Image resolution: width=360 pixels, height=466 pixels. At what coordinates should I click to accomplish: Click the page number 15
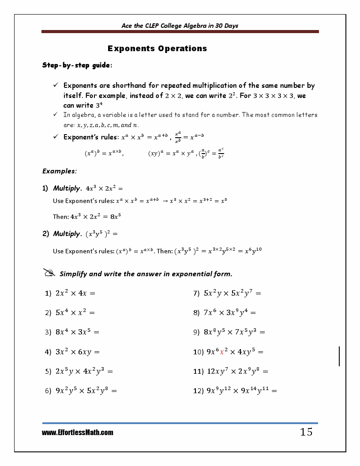pos(306,432)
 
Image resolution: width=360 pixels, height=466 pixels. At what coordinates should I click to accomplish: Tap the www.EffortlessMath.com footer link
pos(78,433)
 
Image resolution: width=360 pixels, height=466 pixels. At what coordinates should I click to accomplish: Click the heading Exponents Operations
pos(157,49)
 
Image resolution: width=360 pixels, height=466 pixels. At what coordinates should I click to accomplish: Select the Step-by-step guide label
pos(77,65)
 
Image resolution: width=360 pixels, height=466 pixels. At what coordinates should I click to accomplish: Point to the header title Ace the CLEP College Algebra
pos(180,26)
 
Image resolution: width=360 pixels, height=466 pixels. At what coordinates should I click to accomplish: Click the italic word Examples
pos(60,171)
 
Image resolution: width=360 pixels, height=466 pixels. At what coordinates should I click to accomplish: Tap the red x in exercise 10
pos(222,352)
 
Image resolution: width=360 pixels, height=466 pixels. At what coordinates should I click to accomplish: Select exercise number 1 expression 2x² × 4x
pos(75,293)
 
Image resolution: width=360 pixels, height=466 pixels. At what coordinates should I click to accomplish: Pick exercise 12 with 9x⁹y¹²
pos(241,391)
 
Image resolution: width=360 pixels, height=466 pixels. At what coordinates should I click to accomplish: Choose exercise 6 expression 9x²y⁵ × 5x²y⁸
pos(86,391)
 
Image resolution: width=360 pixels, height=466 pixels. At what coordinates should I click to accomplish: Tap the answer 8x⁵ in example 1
pos(115,217)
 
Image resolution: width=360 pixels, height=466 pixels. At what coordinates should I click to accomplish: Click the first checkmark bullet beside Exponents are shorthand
pos(56,85)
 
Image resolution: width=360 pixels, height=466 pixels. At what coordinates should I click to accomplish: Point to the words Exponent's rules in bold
pos(91,137)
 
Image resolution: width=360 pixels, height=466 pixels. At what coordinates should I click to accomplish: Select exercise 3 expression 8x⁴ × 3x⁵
pos(77,332)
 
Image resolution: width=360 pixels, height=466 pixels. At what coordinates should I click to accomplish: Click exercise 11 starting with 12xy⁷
pos(237,372)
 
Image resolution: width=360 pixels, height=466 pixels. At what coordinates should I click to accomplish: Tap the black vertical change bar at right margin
pos(339,356)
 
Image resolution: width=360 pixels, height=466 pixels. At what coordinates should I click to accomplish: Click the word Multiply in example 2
pos(67,234)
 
